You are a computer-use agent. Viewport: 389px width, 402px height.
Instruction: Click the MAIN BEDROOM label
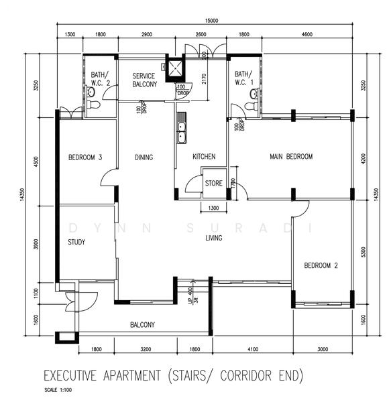[291, 156]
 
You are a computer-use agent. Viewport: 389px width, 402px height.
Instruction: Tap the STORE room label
[213, 183]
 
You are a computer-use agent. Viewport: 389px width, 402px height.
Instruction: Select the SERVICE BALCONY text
[144, 80]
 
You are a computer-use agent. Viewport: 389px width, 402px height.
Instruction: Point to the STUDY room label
[76, 242]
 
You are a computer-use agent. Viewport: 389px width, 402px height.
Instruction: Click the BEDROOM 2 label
[321, 265]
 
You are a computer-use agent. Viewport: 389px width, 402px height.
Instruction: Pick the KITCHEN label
[204, 156]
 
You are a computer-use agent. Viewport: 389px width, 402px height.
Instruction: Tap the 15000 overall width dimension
[211, 21]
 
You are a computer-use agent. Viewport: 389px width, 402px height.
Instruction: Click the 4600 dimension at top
[307, 34]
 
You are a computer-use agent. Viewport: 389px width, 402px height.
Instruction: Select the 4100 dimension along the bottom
[253, 349]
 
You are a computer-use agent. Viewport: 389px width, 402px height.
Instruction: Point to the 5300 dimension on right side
[363, 252]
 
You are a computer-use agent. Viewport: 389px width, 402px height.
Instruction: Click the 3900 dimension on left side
[36, 244]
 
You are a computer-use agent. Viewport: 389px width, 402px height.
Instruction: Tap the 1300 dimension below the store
[213, 208]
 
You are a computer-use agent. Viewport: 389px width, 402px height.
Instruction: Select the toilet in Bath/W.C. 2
[93, 105]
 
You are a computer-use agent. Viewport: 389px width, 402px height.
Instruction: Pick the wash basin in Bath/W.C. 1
[255, 93]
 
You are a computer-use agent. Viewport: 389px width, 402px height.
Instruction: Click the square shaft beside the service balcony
[175, 68]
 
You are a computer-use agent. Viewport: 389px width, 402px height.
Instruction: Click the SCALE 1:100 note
[58, 390]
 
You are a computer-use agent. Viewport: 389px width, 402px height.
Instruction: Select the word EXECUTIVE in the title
[70, 376]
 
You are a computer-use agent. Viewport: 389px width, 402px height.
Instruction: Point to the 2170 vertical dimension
[204, 78]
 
